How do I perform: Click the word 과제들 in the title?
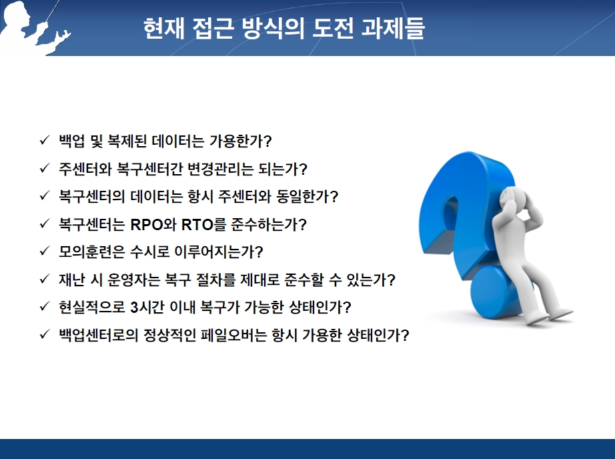pyautogui.click(x=392, y=28)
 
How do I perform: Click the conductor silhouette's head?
pyautogui.click(x=17, y=13)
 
